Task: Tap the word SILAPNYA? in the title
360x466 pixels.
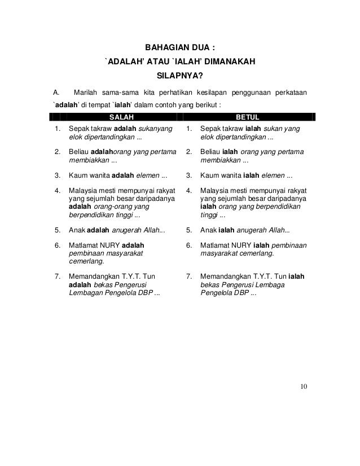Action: click(180, 74)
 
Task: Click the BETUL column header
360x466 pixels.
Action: click(247, 117)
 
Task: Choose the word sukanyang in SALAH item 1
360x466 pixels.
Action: click(155, 129)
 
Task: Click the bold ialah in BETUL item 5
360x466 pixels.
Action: click(227, 230)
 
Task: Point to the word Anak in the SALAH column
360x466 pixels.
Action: click(76, 230)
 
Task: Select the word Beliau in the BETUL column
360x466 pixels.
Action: click(212, 152)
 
